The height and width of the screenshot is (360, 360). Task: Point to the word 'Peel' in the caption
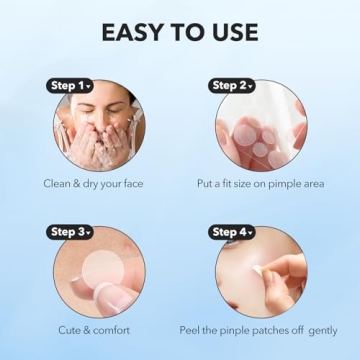(190, 329)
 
